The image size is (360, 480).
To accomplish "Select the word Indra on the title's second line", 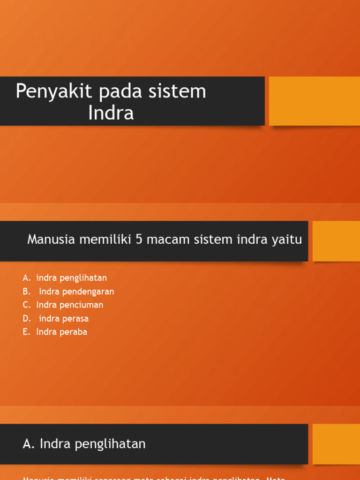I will point(111,113).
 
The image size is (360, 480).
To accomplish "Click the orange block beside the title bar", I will point(314,101).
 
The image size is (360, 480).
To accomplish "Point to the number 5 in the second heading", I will point(139,240).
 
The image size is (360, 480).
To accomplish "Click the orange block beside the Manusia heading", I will point(336,241).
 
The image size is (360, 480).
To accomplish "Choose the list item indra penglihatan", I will point(71,278).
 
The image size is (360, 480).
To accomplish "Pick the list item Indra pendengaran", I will point(76,292).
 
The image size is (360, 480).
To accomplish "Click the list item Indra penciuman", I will point(69,305).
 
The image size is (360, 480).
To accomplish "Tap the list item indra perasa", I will point(64,319).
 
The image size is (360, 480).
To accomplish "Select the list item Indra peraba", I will point(61,332).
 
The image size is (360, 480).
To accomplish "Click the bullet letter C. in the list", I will point(27,305).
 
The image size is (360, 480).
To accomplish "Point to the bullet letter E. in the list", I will point(27,332).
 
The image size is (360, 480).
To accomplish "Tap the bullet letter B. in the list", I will point(27,292).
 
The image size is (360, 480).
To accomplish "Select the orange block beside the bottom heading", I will point(336,444).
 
